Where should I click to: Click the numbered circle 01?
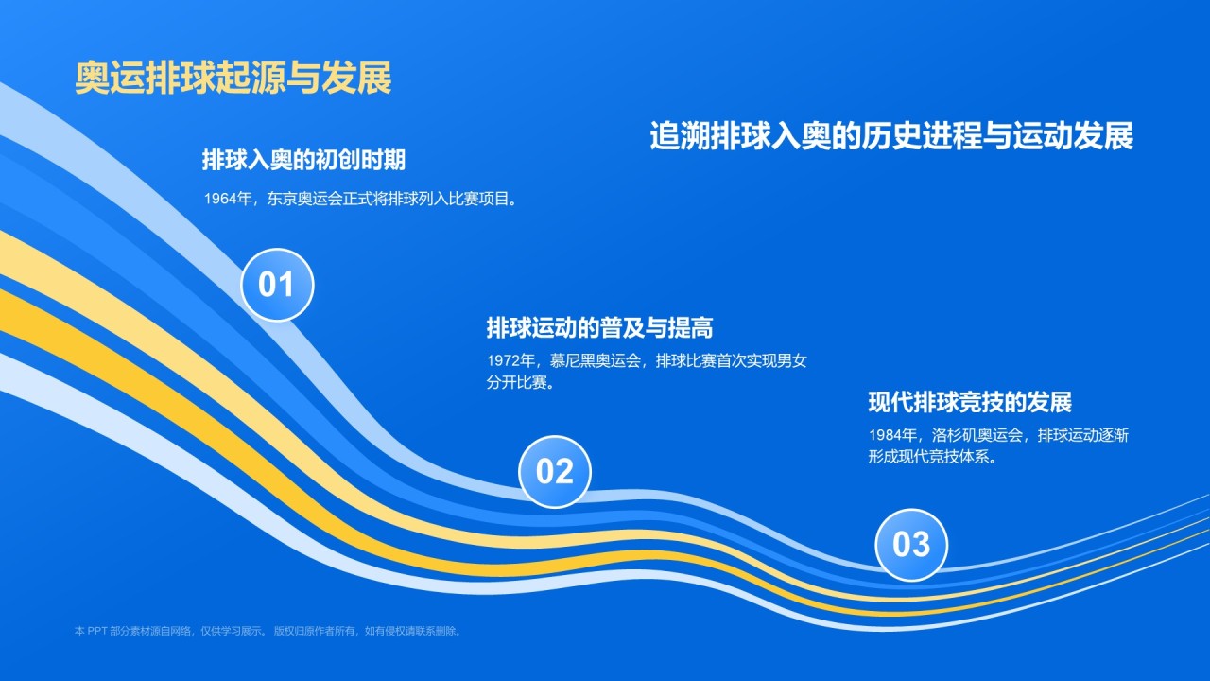point(277,285)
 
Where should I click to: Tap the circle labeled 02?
point(555,472)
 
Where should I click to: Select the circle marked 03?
point(911,545)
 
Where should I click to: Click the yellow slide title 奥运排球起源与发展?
point(233,78)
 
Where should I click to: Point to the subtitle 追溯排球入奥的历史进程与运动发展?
point(891,135)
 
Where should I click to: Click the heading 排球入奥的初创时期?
point(303,160)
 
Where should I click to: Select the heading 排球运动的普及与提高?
point(599,327)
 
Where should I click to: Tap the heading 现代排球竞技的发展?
point(970,402)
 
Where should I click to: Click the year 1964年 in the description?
point(228,199)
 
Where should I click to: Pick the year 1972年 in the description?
point(511,360)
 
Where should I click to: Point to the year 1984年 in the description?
point(893,435)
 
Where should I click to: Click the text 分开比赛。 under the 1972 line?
point(521,383)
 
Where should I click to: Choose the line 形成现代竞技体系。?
point(933,457)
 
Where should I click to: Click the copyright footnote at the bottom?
point(268,631)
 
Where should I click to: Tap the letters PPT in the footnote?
point(97,631)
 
